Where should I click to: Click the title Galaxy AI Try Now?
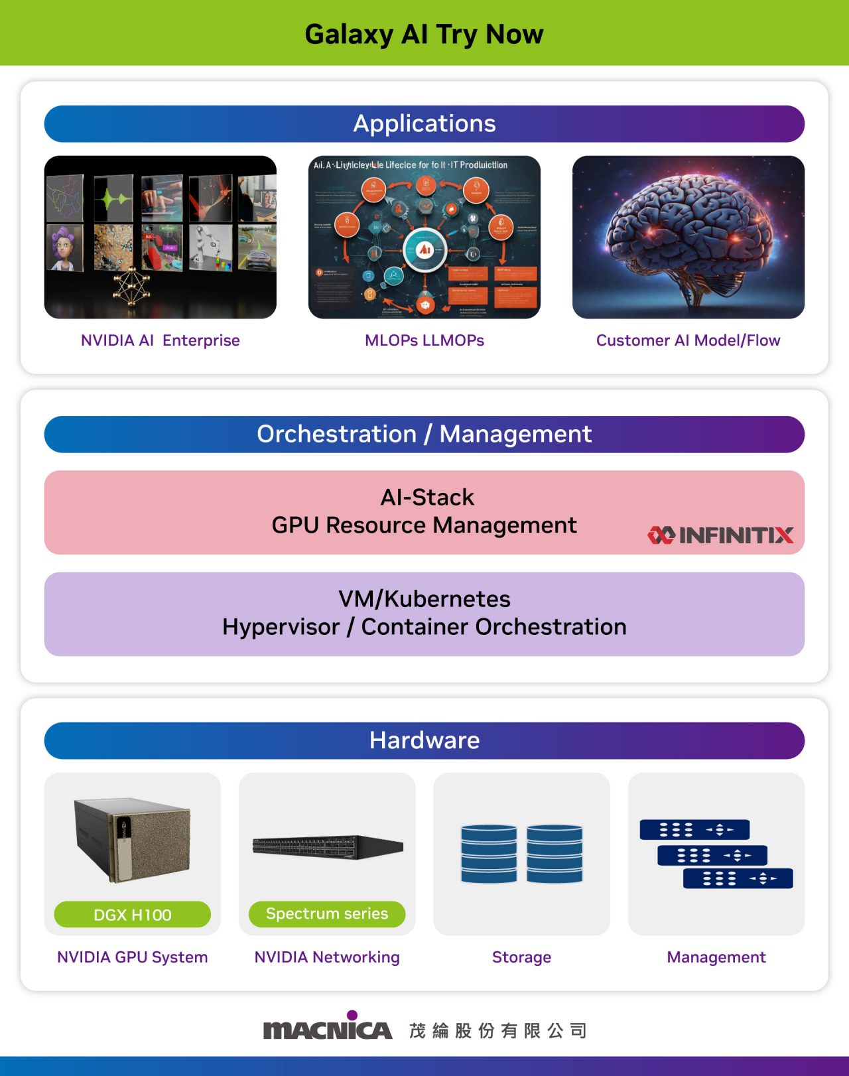point(424,34)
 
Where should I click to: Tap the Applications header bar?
point(424,124)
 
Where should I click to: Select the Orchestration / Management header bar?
point(424,435)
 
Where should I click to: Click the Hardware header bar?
point(424,740)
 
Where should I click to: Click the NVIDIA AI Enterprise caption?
point(160,340)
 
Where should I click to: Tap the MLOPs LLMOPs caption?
point(424,340)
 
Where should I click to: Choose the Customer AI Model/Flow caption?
point(688,340)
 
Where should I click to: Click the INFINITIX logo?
point(720,535)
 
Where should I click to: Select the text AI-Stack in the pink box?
point(427,498)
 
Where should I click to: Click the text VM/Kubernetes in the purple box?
point(424,599)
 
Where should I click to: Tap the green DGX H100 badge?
point(133,915)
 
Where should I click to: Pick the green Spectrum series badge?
point(327,914)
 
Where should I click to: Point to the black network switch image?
point(328,846)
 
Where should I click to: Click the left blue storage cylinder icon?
point(489,854)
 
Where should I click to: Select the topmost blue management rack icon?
point(694,830)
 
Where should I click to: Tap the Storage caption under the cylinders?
point(521,957)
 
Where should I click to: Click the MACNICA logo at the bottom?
point(328,1028)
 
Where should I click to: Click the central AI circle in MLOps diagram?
point(424,250)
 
